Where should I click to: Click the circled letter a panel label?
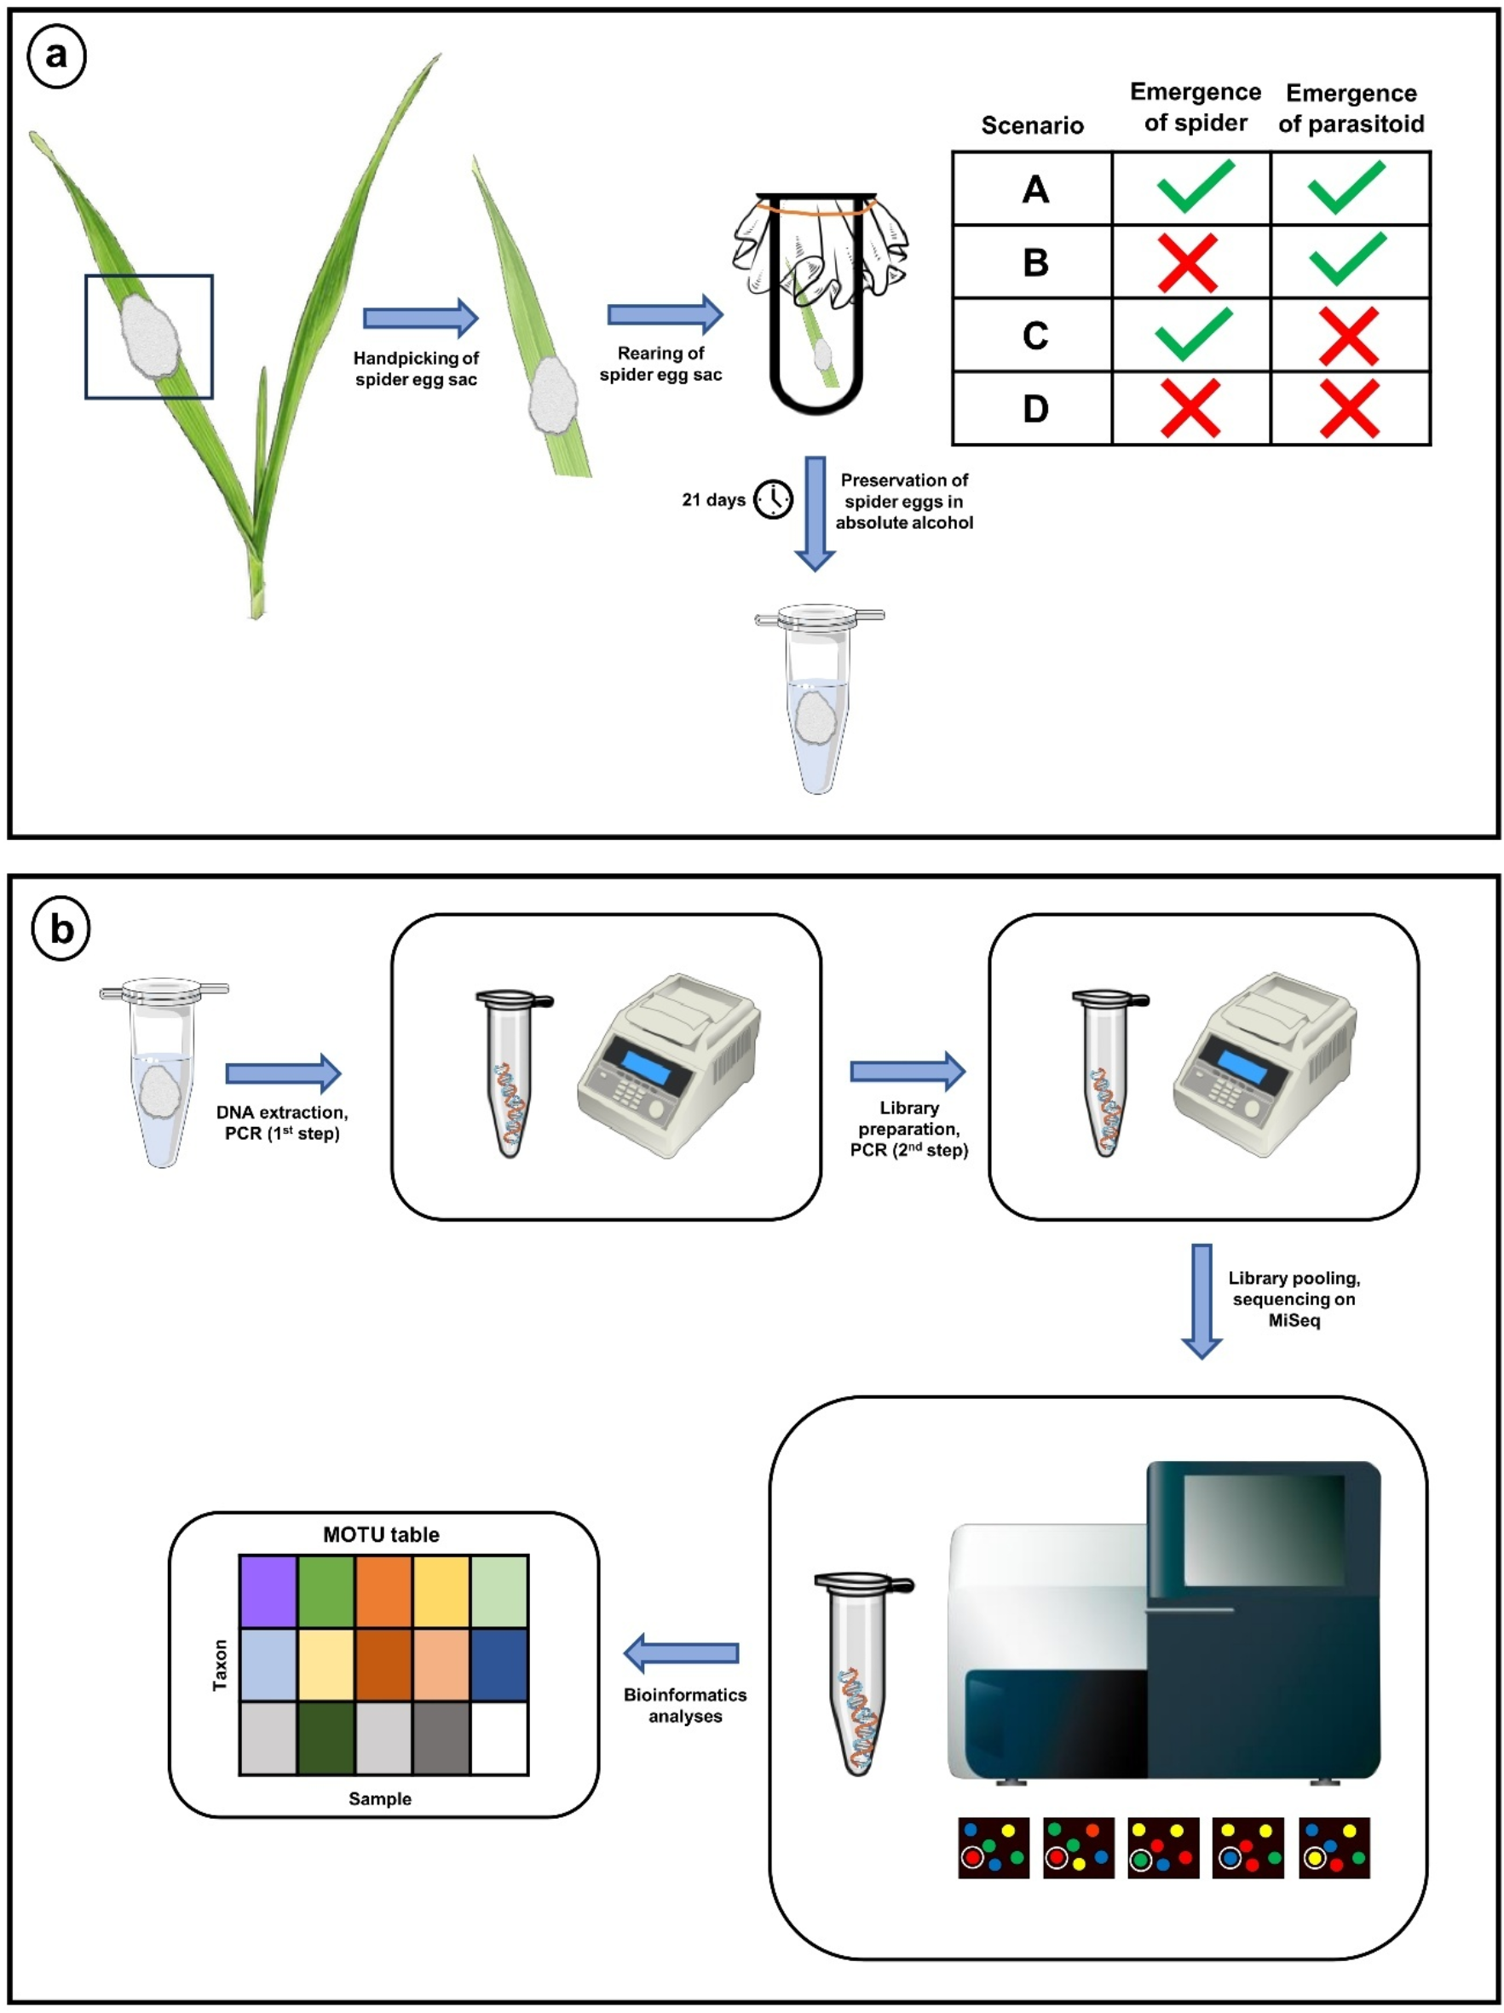(56, 56)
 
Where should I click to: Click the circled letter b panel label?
(61, 929)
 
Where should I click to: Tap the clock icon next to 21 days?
(773, 498)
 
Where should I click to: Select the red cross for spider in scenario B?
(1188, 262)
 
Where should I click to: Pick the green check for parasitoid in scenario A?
(1347, 187)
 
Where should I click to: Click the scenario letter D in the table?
(1035, 409)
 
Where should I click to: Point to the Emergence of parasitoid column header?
(1351, 108)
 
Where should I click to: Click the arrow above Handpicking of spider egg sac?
(421, 318)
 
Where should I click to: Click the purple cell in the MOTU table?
(268, 1591)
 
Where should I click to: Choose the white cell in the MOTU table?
(498, 1737)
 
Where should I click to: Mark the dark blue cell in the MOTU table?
(498, 1665)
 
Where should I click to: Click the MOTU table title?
(382, 1535)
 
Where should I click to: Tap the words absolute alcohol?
(904, 522)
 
